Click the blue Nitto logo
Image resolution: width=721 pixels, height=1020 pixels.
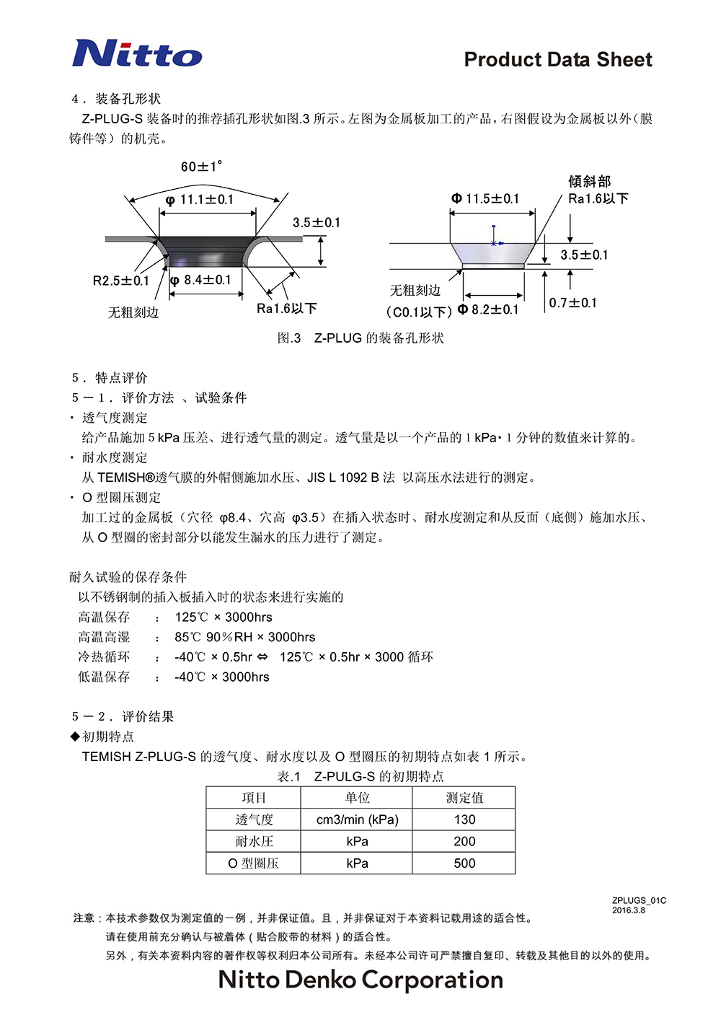(137, 53)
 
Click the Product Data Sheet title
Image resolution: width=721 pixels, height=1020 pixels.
(558, 60)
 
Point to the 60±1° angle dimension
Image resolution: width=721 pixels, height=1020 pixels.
(201, 167)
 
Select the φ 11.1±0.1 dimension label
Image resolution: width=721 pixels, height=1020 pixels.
(200, 200)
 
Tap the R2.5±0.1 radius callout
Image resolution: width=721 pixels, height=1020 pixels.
(120, 281)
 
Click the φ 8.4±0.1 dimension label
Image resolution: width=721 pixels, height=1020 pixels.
(201, 280)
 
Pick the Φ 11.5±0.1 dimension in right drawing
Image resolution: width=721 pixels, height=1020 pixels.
(485, 198)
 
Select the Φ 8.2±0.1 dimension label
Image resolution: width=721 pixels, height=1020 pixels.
(488, 309)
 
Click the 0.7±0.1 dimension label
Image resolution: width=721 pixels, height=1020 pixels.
(573, 303)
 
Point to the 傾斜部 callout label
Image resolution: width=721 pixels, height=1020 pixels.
(589, 181)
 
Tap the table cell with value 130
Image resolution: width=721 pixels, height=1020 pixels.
(464, 819)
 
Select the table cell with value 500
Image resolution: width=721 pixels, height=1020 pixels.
(464, 863)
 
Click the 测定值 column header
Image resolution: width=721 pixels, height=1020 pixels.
(464, 798)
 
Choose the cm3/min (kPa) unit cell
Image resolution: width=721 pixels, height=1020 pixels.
(357, 819)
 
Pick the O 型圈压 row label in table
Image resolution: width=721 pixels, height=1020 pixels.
(253, 863)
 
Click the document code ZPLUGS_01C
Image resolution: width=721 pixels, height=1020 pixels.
(639, 900)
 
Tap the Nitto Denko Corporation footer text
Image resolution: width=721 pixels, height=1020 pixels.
(360, 980)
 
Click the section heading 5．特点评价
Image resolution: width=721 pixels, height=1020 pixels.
(110, 377)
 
